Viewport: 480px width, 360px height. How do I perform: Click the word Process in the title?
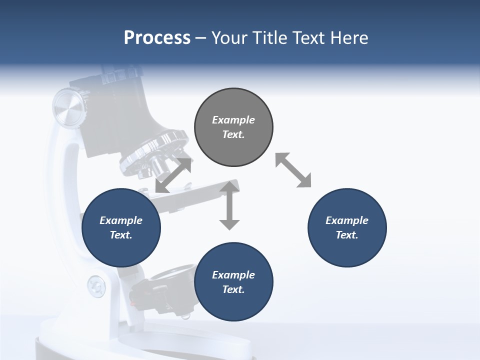coord(157,38)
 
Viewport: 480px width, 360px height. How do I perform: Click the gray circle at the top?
coord(233,127)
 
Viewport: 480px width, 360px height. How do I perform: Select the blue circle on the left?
coord(121,227)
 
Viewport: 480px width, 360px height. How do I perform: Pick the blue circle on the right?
coord(347,227)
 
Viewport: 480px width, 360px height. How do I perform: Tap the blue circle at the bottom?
coord(233,282)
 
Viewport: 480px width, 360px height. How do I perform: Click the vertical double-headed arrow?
coord(229,205)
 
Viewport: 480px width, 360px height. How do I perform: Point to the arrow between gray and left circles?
coord(173,175)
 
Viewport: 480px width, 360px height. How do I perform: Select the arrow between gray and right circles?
coord(293,170)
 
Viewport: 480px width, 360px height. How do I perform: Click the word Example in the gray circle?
coord(233,120)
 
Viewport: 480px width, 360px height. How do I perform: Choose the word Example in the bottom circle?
coord(233,275)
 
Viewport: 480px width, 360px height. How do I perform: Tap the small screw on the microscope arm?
coord(96,286)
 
